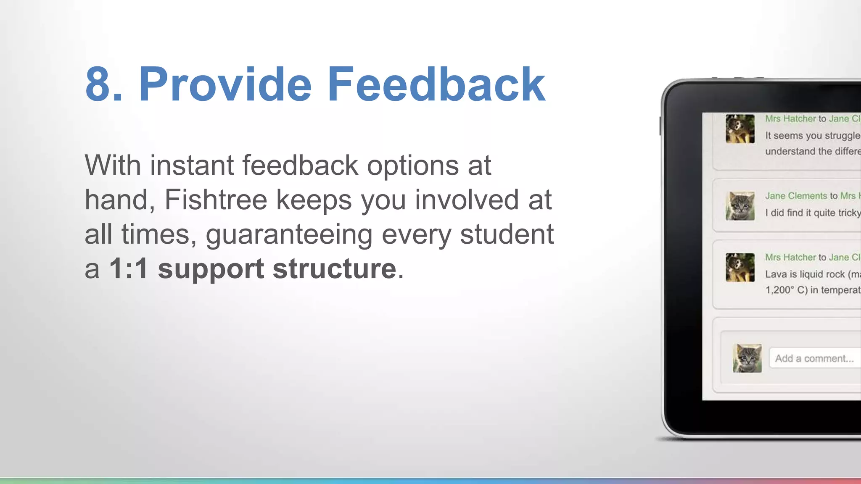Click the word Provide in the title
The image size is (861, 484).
(225, 84)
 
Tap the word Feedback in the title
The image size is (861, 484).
(436, 84)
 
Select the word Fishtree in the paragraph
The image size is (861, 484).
(215, 200)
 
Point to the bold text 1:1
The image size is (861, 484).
(128, 268)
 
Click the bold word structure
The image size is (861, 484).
(334, 268)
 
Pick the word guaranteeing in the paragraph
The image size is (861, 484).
(289, 235)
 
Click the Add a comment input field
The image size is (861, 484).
(814, 358)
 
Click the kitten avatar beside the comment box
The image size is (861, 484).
(747, 358)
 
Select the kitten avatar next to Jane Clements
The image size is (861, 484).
(740, 206)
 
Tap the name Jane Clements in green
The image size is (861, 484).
(796, 196)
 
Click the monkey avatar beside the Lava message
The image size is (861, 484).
(740, 268)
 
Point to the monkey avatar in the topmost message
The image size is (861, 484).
(740, 129)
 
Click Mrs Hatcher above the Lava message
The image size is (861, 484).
(790, 257)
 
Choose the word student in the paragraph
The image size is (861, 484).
(507, 234)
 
